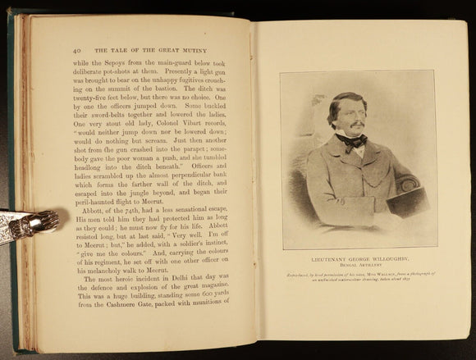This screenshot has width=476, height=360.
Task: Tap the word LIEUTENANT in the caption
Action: [324, 257]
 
